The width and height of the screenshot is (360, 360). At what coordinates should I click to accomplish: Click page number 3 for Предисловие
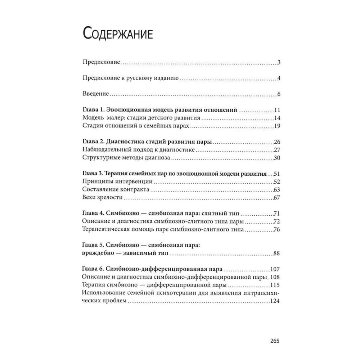(x=279, y=62)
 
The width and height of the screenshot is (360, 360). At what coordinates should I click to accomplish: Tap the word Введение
(x=95, y=94)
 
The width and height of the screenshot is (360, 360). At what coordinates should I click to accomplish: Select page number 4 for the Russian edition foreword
(x=279, y=78)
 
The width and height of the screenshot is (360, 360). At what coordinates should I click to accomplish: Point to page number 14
(x=277, y=118)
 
